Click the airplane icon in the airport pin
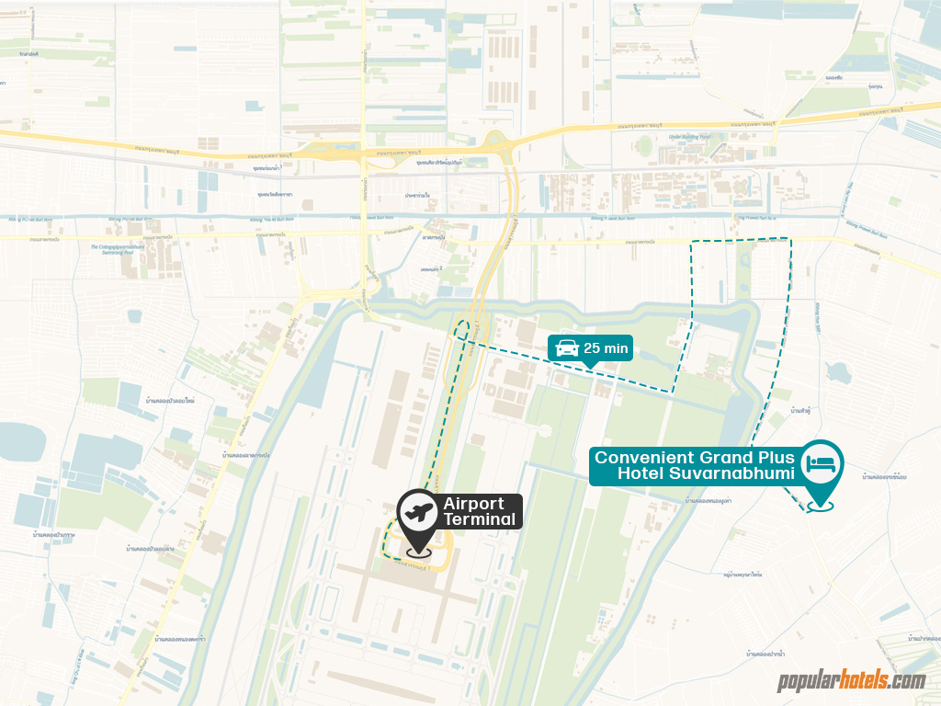(x=419, y=513)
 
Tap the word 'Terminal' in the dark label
(x=479, y=519)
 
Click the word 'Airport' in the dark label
(x=474, y=504)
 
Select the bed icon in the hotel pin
(x=821, y=462)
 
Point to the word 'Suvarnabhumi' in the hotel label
(x=732, y=473)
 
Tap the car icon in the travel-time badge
(x=567, y=347)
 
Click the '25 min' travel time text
(x=607, y=347)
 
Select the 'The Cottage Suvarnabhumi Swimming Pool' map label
(x=118, y=248)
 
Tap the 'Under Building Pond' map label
(x=691, y=136)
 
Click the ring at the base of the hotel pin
(x=821, y=505)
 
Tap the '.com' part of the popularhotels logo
(x=907, y=681)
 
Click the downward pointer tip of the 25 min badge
(x=589, y=366)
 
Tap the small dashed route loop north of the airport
(x=462, y=330)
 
